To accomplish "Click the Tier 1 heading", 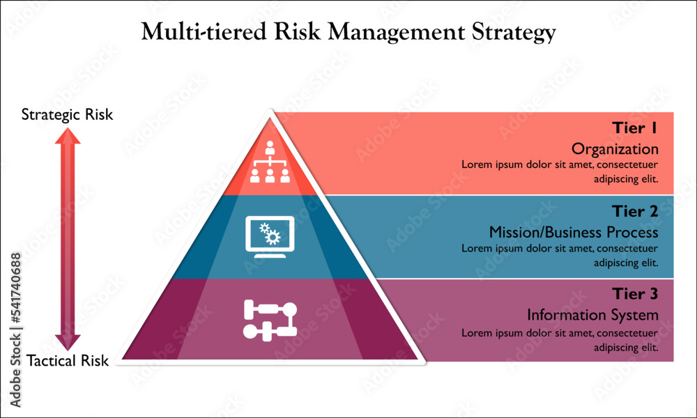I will click(635, 128).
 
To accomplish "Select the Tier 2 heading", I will click(635, 211).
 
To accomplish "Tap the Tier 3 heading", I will click(635, 294).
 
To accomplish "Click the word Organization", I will click(615, 149).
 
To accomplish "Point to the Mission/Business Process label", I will click(573, 232).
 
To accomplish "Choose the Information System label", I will click(592, 315).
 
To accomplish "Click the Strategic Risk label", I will click(67, 114).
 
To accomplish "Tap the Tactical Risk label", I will click(68, 361).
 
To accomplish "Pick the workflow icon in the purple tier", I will click(270, 319).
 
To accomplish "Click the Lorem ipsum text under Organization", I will click(560, 171).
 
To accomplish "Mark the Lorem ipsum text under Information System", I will click(560, 339).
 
